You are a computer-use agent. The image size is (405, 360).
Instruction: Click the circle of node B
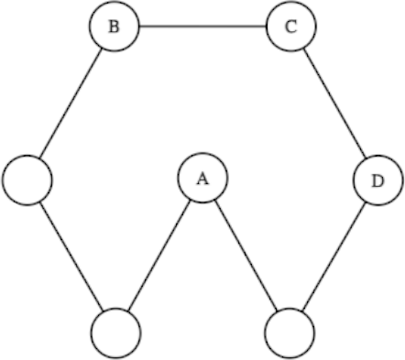[114, 27]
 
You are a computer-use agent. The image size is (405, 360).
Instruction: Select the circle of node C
[291, 27]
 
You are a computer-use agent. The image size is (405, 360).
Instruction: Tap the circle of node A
[202, 179]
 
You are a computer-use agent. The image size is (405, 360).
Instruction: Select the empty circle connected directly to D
[289, 332]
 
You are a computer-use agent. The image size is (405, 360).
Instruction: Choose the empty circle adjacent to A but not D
[117, 332]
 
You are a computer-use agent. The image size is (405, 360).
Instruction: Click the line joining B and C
[202, 27]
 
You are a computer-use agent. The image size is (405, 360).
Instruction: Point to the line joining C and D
[334, 103]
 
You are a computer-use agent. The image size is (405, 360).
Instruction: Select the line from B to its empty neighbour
[71, 103]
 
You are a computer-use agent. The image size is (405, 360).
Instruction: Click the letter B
[114, 27]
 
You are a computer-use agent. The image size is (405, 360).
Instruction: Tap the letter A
[202, 179]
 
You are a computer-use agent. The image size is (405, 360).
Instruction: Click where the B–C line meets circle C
[268, 27]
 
